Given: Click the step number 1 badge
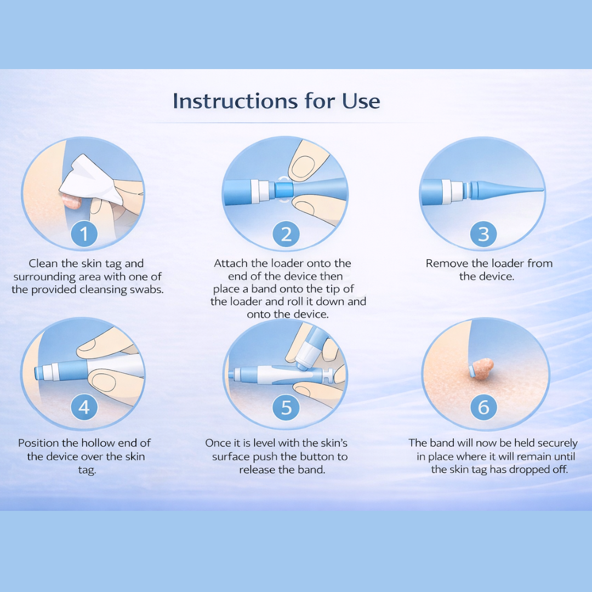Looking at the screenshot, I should [x=84, y=234].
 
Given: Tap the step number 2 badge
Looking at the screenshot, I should [x=286, y=234].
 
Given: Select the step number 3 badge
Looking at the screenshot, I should [x=483, y=234].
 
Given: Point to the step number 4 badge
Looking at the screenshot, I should [x=84, y=407].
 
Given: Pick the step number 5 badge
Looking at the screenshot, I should [x=286, y=407].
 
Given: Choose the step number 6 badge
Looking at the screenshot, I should [x=483, y=407].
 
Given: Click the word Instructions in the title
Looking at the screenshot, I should [x=235, y=101].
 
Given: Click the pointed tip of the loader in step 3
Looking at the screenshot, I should [x=540, y=190].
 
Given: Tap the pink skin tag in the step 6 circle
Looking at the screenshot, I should [x=483, y=368].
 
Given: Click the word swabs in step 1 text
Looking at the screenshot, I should [x=145, y=289].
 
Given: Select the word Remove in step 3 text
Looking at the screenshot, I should [x=446, y=263].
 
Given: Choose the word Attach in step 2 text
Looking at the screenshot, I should [x=231, y=263].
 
